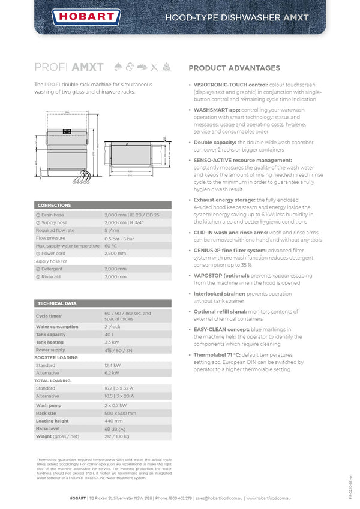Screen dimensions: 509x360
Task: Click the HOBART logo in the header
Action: click(x=79, y=17)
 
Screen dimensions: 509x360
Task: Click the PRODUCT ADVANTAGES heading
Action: click(x=234, y=68)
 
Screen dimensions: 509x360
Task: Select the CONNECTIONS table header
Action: click(x=55, y=205)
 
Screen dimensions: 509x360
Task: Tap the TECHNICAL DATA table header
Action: click(x=58, y=303)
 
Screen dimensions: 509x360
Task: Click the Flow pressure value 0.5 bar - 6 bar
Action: click(x=120, y=238)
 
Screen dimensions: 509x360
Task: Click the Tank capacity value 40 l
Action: click(x=109, y=335)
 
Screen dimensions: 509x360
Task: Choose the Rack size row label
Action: click(x=46, y=413)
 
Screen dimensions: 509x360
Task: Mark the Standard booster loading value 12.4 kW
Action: click(x=113, y=365)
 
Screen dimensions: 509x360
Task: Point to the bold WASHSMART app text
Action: click(x=217, y=110)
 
